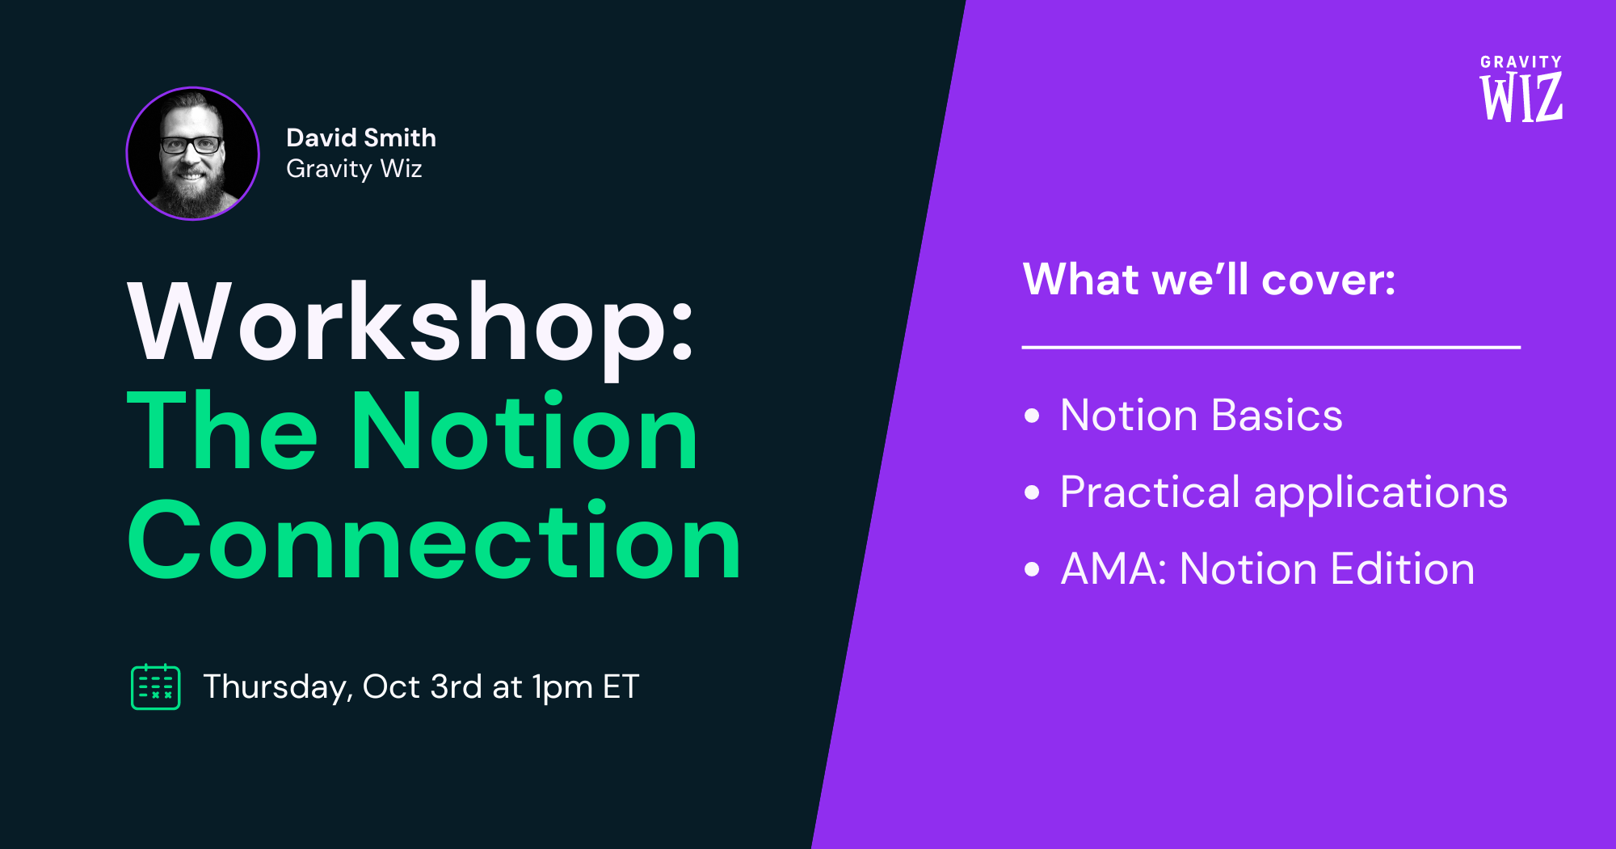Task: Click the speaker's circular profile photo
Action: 192,154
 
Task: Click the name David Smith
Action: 361,137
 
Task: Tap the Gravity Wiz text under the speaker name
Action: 354,169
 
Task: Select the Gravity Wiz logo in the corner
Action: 1521,88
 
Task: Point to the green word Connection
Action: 434,541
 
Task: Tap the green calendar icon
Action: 156,686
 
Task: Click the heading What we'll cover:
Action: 1209,280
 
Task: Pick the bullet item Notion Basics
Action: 1201,416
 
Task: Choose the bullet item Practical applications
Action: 1284,492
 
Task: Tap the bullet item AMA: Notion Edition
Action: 1268,568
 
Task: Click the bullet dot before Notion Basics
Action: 1032,416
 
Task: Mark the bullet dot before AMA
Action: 1032,569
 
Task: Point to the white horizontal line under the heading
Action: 1271,347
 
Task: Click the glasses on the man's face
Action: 191,146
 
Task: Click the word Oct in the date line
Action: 391,687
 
